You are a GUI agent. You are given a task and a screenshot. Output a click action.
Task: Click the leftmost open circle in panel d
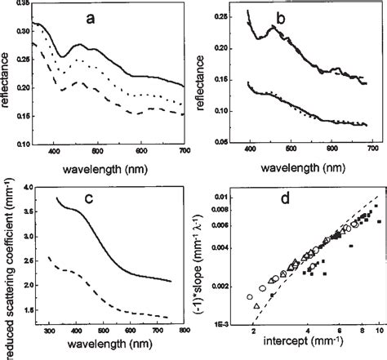coord(250,296)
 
